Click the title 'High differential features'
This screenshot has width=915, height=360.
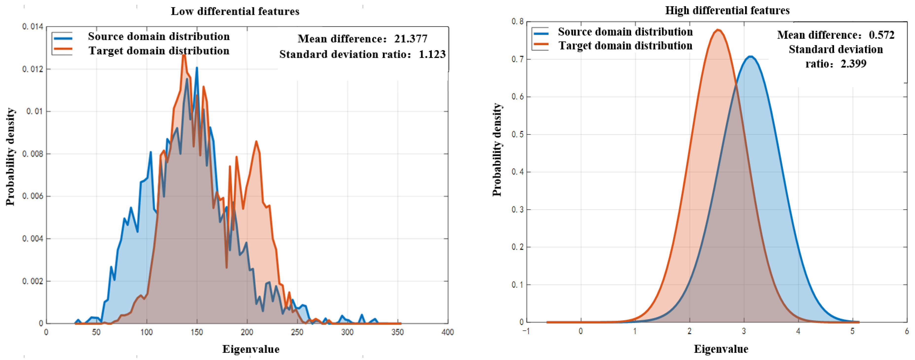pos(727,11)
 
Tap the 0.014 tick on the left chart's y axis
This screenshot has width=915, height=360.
pos(33,27)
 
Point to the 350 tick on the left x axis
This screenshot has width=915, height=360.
pos(397,332)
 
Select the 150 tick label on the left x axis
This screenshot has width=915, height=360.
pos(196,332)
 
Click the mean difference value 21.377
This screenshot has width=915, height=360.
pos(411,38)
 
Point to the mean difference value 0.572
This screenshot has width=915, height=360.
pos(882,35)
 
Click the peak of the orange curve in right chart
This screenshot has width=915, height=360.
pos(718,30)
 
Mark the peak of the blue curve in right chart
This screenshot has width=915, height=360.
pos(750,56)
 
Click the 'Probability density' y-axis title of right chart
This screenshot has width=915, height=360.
pos(497,150)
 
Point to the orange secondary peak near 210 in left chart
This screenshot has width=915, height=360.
pos(256,142)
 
